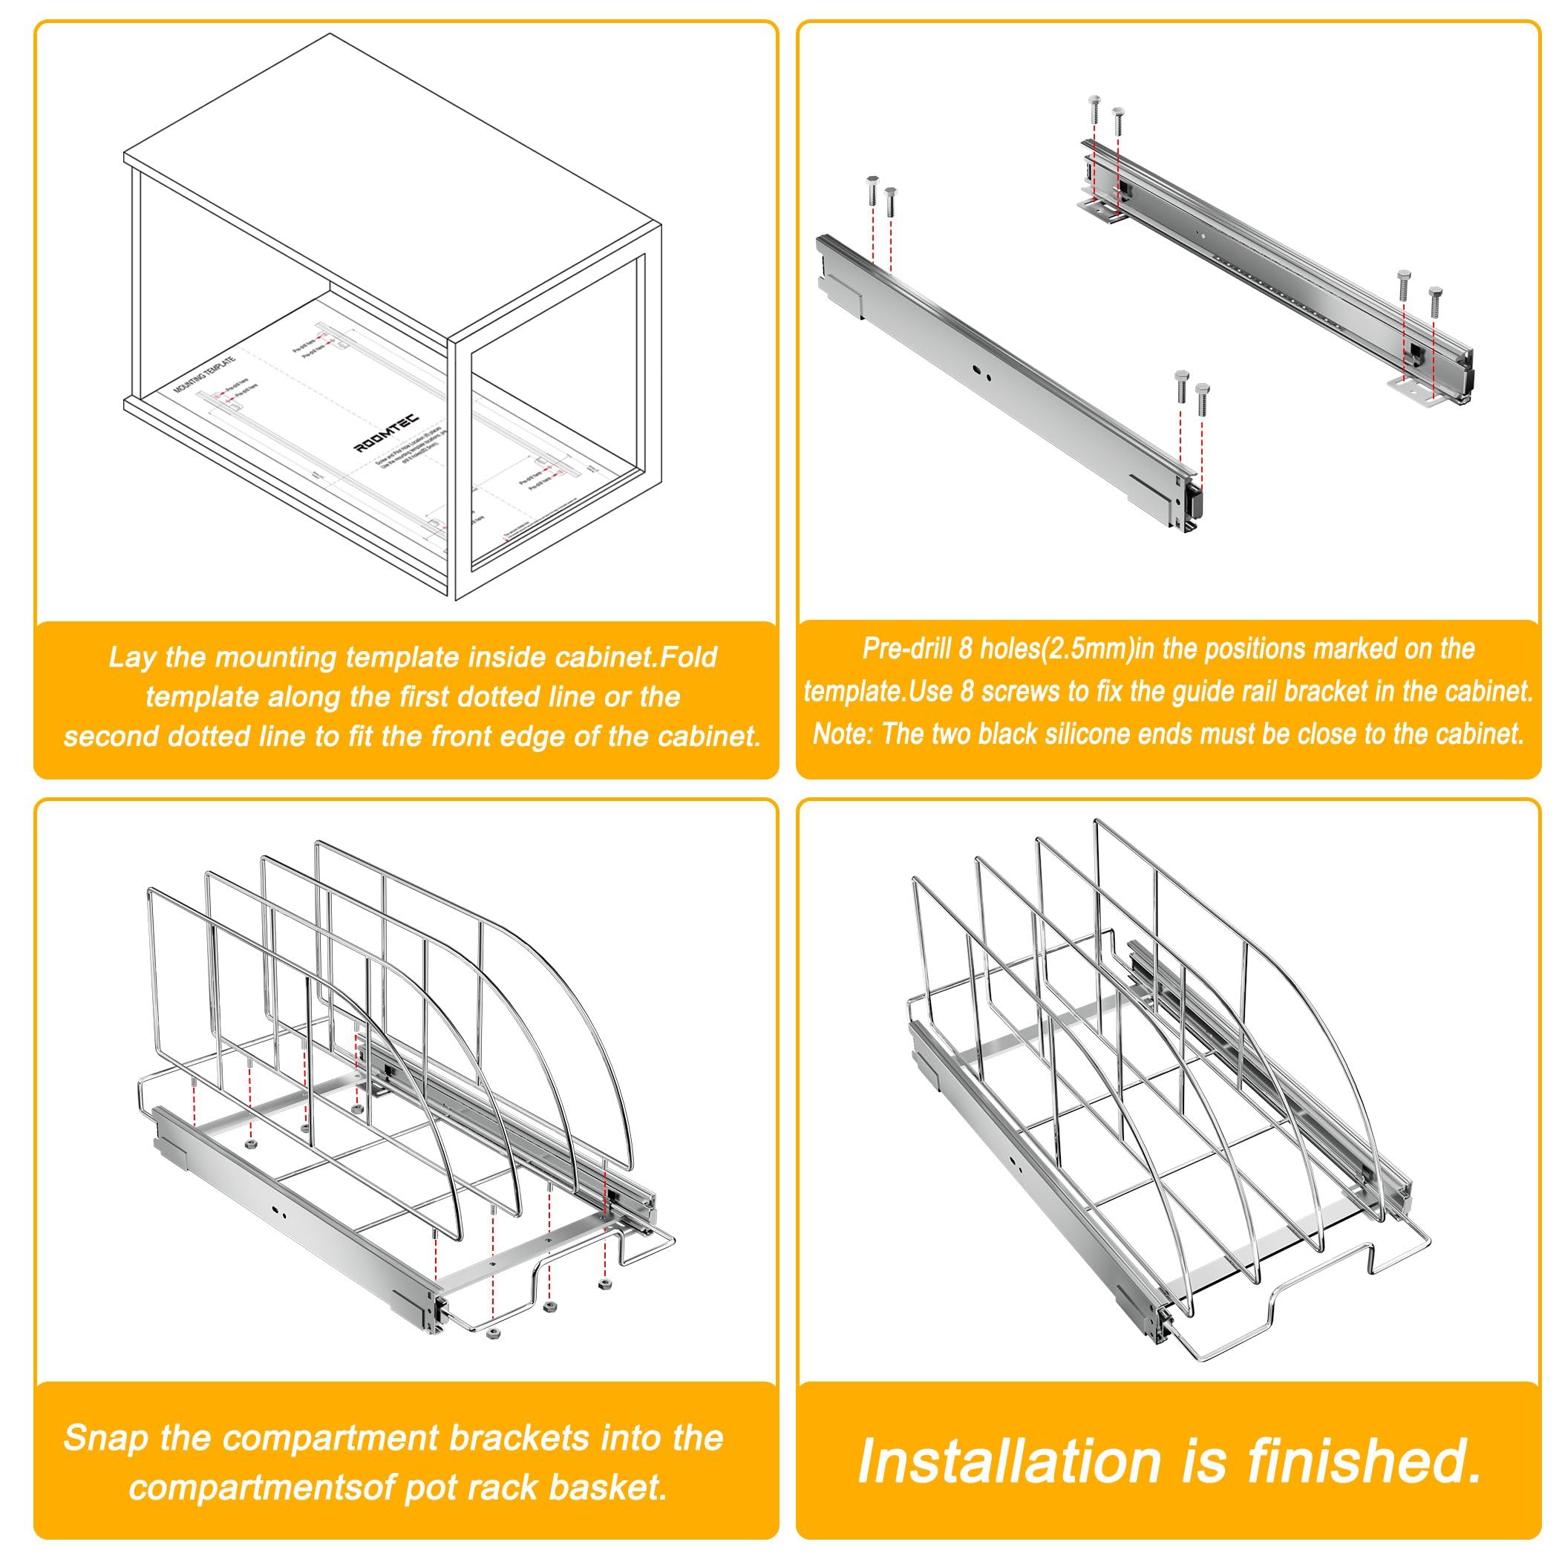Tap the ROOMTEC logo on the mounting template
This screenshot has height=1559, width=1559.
[x=387, y=434]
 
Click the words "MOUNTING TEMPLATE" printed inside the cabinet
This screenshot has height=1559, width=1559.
[x=205, y=373]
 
